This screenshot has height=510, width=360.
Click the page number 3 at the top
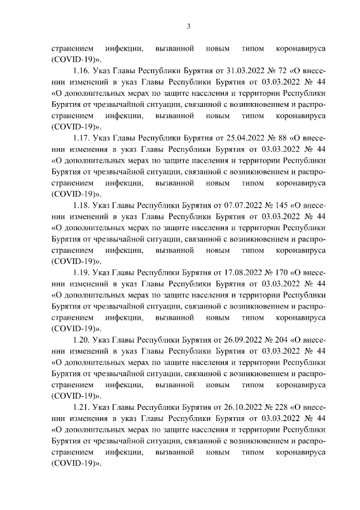[189, 26]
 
